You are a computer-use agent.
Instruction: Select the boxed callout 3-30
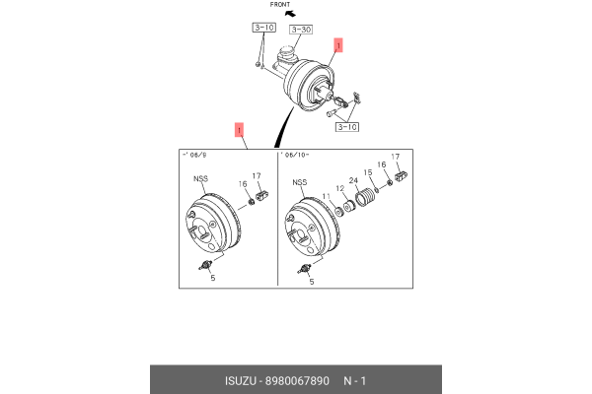point(299,30)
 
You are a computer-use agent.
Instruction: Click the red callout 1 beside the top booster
point(337,45)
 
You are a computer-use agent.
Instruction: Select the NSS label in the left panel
point(199,178)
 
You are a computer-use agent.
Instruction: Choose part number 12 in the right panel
point(341,188)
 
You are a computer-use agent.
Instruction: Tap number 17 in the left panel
point(257,176)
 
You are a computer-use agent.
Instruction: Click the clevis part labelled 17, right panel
point(400,176)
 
